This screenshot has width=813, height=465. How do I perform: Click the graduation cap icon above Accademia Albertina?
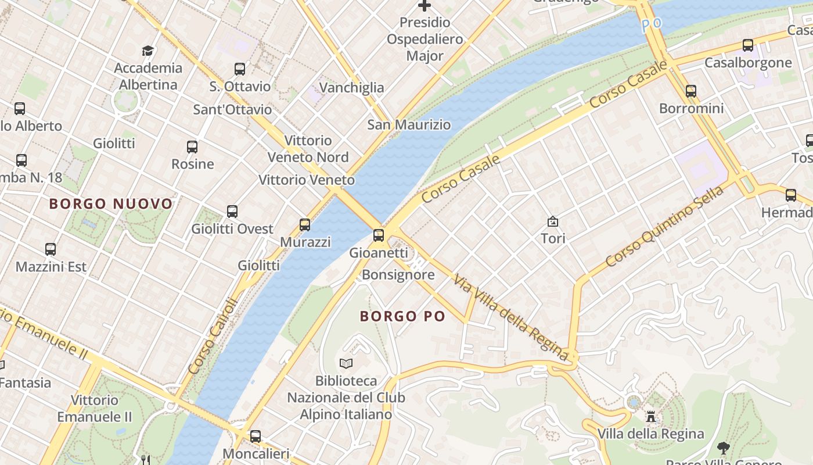coord(148,51)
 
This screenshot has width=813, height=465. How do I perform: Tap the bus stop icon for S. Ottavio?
coord(240,69)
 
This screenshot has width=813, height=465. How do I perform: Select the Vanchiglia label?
coord(351,88)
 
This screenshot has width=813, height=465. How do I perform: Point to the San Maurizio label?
coord(409,124)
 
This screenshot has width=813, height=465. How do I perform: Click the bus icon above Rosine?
coord(192,147)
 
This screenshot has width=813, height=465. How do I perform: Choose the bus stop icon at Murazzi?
coord(305,224)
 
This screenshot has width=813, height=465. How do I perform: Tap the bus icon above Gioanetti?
coord(379,235)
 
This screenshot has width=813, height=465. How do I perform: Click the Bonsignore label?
coord(398,275)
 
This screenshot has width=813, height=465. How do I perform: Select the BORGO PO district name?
coord(402,316)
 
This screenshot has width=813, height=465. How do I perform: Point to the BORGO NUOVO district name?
coord(111,203)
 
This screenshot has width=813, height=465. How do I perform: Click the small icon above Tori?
coord(553,221)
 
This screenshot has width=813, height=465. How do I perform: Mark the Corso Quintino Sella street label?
coord(664,226)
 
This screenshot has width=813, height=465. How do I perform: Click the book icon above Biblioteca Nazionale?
coord(346,363)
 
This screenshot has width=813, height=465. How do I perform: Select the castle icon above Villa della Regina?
coord(650,417)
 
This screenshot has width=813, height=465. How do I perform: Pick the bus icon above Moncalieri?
coord(256,436)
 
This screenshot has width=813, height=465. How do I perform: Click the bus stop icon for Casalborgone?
coord(748,45)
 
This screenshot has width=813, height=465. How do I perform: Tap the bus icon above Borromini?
coord(691,91)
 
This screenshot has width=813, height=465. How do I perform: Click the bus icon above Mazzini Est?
coord(51,249)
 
